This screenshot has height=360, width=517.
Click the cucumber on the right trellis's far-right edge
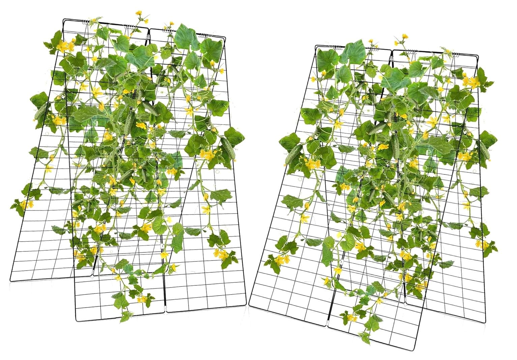click(x=484, y=150)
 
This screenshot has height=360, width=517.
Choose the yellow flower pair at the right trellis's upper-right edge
click(x=471, y=81)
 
